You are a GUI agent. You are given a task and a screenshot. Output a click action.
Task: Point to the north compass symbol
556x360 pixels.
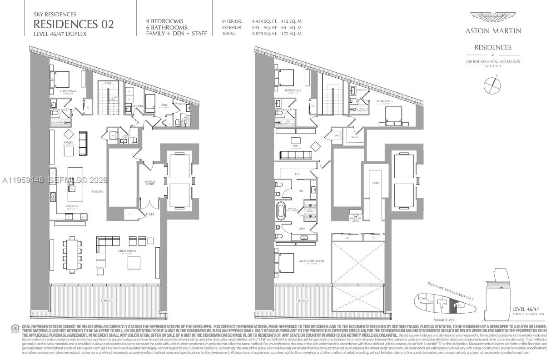492,85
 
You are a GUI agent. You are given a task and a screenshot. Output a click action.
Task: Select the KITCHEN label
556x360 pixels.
72,206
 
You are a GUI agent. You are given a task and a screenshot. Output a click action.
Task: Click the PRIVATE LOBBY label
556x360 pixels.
150,182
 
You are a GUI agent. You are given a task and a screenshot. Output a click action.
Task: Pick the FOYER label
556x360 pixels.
150,214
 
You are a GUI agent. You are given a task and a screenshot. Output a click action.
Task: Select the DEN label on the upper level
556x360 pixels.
295,145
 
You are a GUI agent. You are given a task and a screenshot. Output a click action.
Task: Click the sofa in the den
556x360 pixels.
295,155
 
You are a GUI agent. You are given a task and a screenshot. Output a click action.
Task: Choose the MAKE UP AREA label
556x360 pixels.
355,220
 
